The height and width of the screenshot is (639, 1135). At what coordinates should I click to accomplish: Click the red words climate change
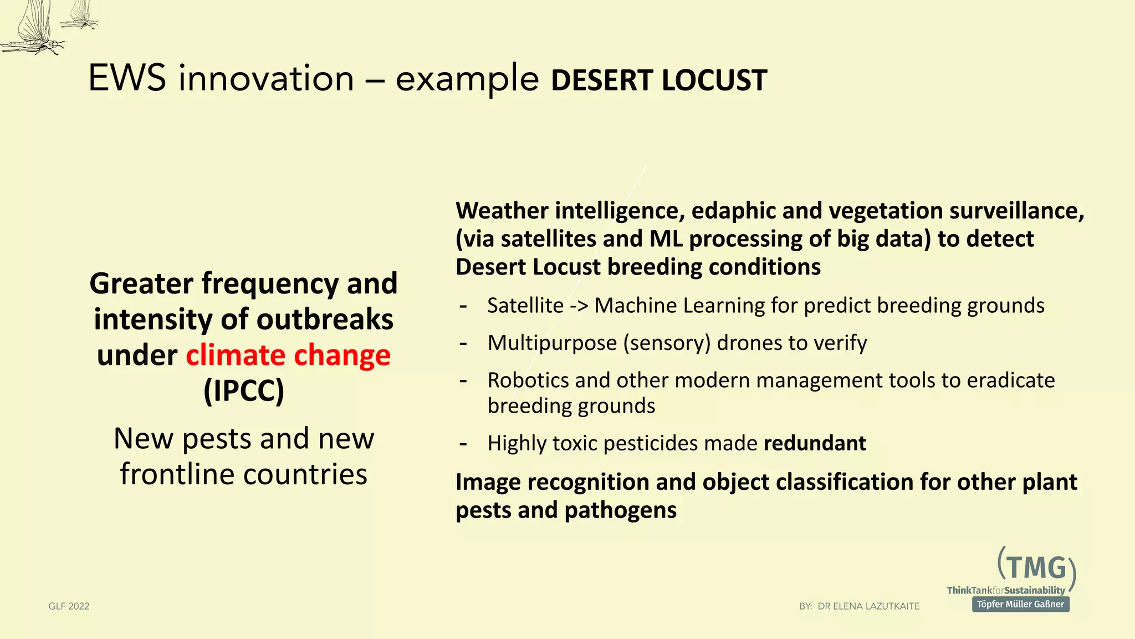coord(288,355)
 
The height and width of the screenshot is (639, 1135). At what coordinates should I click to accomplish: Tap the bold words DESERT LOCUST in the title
coord(658,80)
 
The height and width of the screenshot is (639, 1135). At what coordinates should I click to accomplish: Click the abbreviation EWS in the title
coord(127,78)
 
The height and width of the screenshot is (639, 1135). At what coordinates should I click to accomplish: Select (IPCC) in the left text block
coord(244,391)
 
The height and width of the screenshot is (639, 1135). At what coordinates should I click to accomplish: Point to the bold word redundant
coord(814,443)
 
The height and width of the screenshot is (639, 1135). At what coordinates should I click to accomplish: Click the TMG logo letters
coord(1036,568)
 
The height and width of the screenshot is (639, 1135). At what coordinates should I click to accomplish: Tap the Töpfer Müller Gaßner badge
coord(1020,604)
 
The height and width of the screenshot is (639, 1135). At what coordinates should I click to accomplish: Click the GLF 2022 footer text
coord(69,606)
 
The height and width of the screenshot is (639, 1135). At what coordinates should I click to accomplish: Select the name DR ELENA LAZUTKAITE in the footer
coord(868,606)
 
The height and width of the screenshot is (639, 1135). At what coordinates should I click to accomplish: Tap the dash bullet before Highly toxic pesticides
coord(463,444)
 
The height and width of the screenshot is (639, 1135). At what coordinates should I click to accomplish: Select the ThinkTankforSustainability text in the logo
coord(1005,590)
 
